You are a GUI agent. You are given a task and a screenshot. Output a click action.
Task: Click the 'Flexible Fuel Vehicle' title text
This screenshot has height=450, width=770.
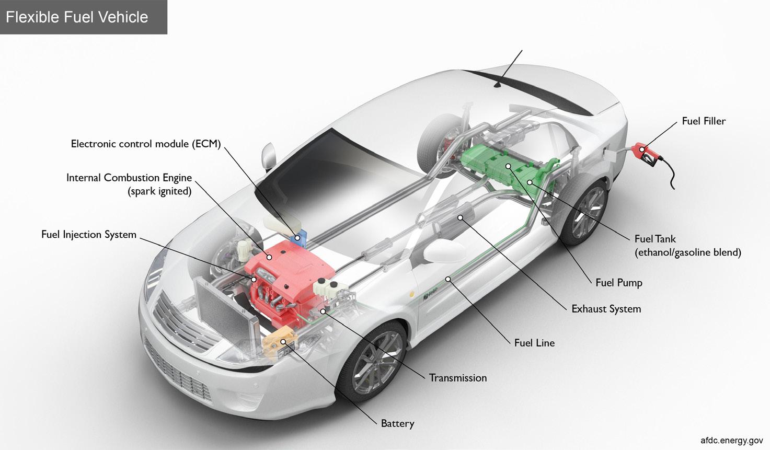click(77, 17)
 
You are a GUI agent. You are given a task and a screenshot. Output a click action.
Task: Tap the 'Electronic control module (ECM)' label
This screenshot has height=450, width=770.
click(146, 144)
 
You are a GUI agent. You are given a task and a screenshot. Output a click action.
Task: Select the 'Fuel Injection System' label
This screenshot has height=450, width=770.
click(89, 235)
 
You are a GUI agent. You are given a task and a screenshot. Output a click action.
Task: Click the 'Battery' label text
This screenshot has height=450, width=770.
click(397, 423)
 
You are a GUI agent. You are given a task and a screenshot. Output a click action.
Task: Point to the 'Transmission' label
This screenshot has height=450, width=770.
click(457, 378)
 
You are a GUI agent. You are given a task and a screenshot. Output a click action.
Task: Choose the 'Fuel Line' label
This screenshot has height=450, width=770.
click(534, 343)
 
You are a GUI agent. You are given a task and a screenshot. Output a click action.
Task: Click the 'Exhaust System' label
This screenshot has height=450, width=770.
click(606, 309)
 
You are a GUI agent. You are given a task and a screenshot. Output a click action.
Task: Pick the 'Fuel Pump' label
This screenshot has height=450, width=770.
click(618, 283)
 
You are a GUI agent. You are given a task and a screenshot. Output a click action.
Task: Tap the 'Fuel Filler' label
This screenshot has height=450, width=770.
click(704, 121)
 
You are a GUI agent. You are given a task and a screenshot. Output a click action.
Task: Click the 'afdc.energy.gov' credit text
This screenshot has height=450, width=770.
click(731, 440)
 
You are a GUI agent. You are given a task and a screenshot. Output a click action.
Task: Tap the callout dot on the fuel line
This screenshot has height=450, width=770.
click(448, 279)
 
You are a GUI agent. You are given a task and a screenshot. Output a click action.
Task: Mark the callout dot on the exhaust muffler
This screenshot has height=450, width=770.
click(460, 217)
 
